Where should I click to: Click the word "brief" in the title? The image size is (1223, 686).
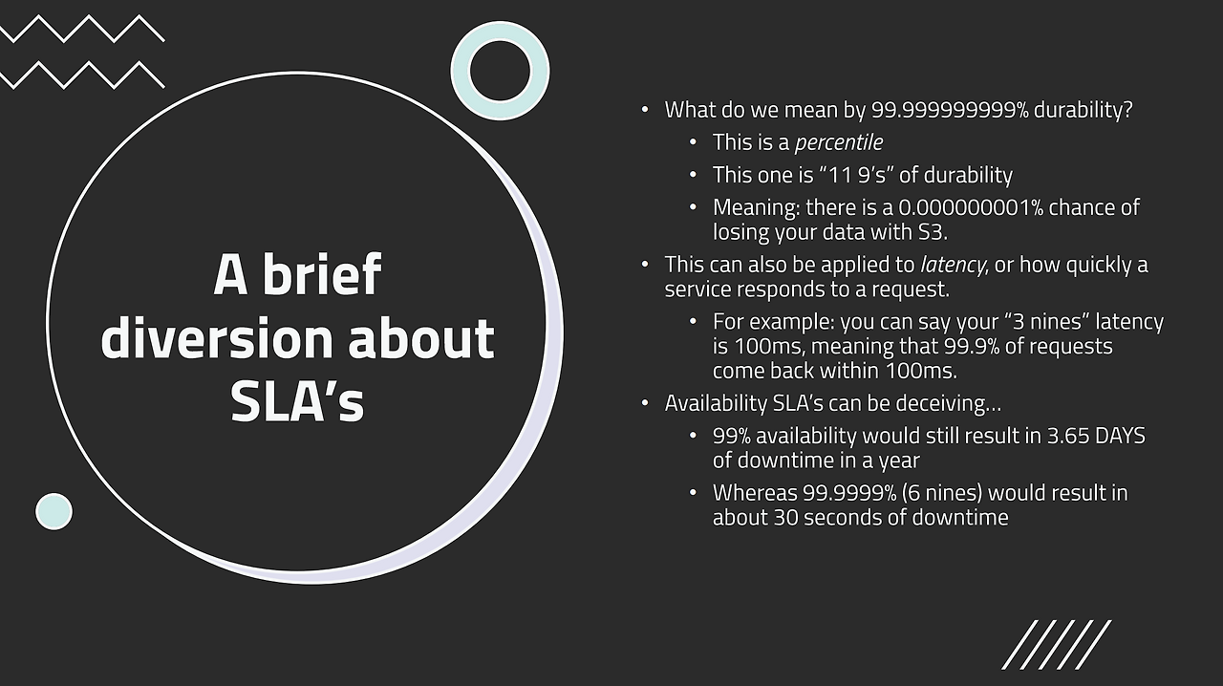322,275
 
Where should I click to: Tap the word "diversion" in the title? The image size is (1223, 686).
217,337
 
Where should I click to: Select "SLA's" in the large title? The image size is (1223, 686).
297,400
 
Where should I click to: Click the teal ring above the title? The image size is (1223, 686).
500,71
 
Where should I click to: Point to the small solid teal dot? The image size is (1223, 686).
54,511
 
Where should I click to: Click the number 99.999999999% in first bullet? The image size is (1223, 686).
950,110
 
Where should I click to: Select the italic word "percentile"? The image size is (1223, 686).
839,142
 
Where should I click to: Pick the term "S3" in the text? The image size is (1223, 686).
931,232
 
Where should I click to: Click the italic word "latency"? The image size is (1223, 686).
953,265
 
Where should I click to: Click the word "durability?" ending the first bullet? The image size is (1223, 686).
1084,110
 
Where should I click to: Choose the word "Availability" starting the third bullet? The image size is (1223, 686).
716,403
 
